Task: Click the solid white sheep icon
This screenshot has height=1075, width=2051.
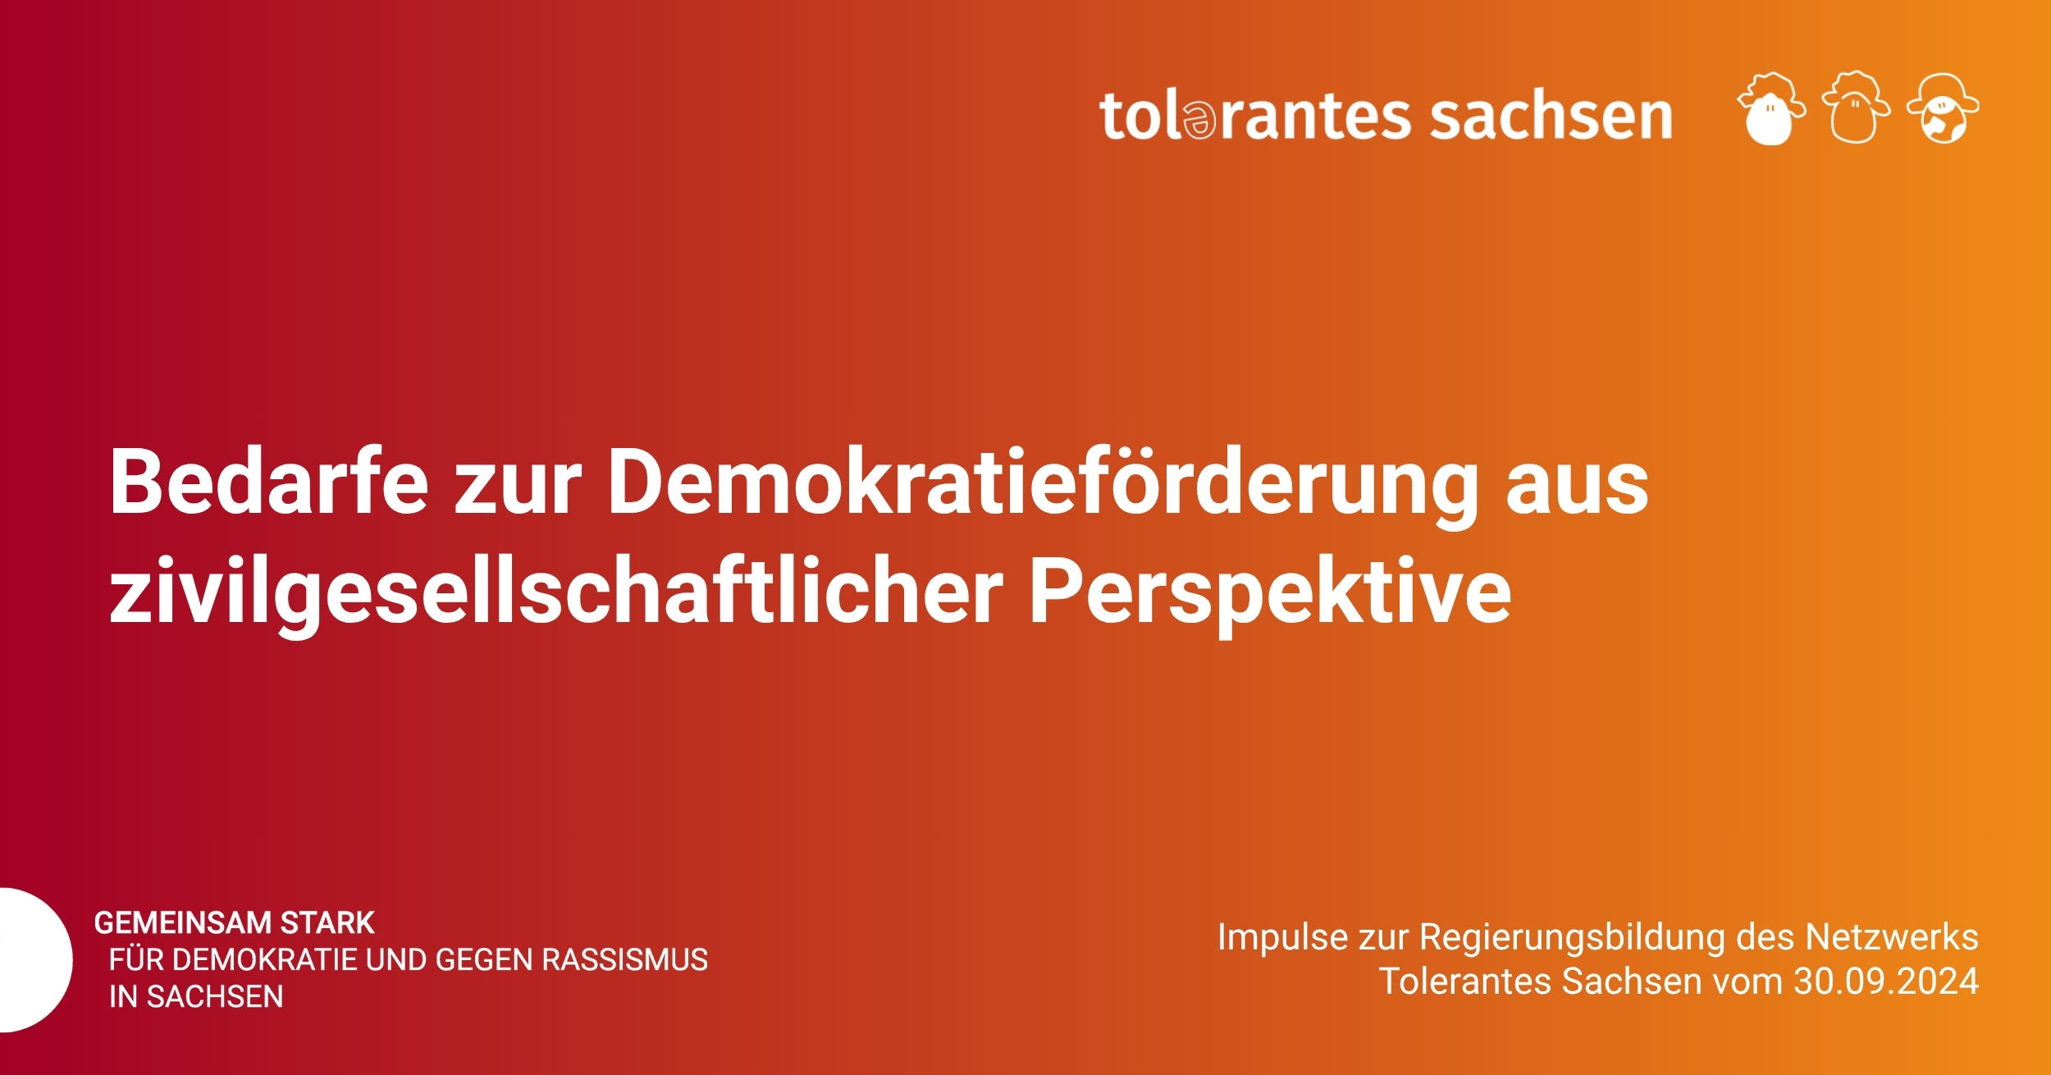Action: [x=1770, y=108]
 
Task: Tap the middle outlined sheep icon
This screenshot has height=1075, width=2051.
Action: [x=1856, y=108]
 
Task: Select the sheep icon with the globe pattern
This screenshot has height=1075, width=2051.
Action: [x=1943, y=108]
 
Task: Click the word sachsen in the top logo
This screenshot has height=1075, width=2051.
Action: [x=1551, y=116]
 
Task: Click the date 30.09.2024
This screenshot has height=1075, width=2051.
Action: [x=1886, y=981]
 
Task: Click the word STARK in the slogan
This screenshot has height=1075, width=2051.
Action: [x=327, y=923]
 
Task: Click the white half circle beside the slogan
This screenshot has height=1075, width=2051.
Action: [x=36, y=959]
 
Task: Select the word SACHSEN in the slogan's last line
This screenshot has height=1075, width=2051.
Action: [x=215, y=997]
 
